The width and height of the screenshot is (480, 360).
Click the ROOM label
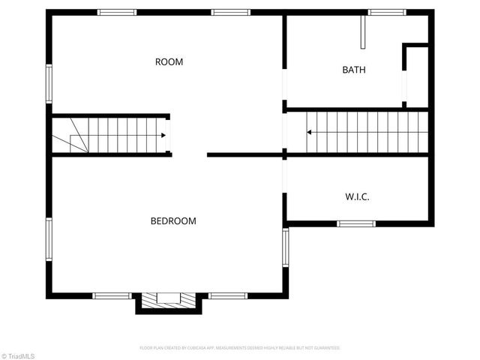[169, 62]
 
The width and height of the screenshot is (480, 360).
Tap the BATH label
[354, 70]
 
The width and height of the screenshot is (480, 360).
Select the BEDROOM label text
[173, 221]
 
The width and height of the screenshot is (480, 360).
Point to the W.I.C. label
[357, 197]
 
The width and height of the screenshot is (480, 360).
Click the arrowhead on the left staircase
[163, 136]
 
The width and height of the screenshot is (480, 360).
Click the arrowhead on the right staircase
[309, 133]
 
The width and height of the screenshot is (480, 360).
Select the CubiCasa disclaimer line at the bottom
[240, 348]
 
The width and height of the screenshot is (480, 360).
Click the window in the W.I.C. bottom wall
[356, 223]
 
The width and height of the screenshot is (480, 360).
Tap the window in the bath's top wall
[387, 12]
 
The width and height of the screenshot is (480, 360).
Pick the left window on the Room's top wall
[118, 12]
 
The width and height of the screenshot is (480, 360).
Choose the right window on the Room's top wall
[230, 12]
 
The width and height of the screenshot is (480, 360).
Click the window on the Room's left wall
[49, 83]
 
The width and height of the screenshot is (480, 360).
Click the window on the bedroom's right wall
[285, 247]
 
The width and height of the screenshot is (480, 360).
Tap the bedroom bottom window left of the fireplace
[112, 295]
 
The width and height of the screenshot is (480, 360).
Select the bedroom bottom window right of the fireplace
[228, 295]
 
